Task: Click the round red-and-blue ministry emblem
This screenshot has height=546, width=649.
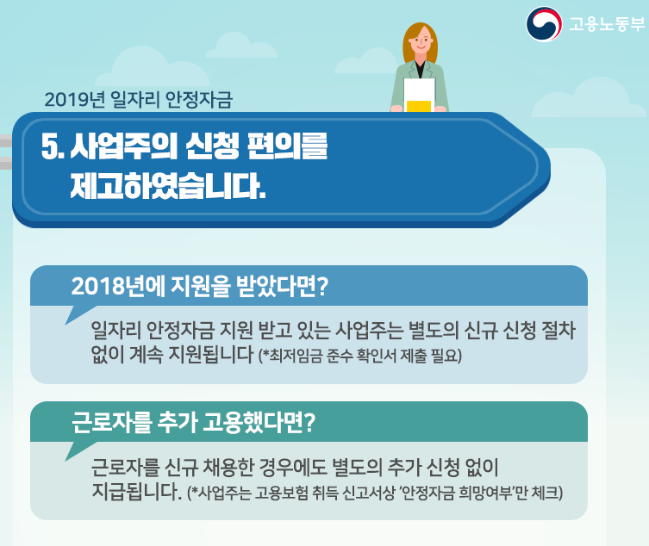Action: [x=544, y=24]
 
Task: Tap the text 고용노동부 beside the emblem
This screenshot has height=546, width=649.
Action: [x=607, y=24]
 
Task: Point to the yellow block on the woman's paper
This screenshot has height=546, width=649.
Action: [x=419, y=106]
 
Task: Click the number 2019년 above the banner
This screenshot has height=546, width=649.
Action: [x=74, y=100]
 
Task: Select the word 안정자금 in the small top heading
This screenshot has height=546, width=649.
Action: [x=199, y=100]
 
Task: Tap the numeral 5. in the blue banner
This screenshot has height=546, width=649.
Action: [x=53, y=146]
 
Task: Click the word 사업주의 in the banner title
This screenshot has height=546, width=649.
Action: [x=124, y=146]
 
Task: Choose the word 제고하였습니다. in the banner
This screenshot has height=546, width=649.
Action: [x=168, y=186]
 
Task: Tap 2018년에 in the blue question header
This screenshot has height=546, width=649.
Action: [x=118, y=286]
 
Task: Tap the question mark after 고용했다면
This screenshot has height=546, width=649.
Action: [x=309, y=422]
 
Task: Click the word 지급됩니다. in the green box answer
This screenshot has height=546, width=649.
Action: [x=136, y=491]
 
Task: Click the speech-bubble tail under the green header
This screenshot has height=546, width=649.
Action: [x=78, y=450]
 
